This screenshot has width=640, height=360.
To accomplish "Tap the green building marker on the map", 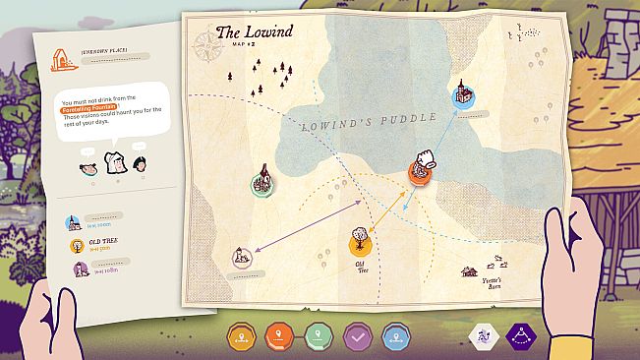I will coord(262,184).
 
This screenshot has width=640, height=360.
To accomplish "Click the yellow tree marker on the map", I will coord(360,241).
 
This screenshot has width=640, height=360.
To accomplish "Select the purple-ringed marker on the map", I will coord(241,259).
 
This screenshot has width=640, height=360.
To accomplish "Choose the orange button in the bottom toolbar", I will coord(243,337).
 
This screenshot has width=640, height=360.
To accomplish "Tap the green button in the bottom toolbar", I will coord(320,337).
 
